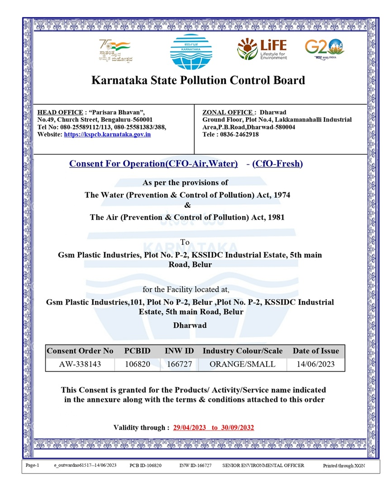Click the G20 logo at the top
pyautogui.click(x=324, y=48)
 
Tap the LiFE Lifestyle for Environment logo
pyautogui.click(x=262, y=48)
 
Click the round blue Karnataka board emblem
pyautogui.click(x=191, y=52)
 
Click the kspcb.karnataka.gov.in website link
pyautogui.click(x=107, y=134)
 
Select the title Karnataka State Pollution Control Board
pyautogui.click(x=198, y=81)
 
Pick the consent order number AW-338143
pyautogui.click(x=80, y=364)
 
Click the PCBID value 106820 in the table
pyautogui.click(x=137, y=364)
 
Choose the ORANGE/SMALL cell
pyautogui.click(x=243, y=364)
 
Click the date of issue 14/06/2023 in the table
pyautogui.click(x=315, y=364)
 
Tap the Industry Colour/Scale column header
pyautogui.click(x=243, y=351)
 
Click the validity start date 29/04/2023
pyautogui.click(x=190, y=427)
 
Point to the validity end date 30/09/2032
pyautogui.click(x=238, y=427)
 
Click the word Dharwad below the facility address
pyautogui.click(x=190, y=325)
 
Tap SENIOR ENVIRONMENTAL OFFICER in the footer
pyautogui.click(x=263, y=465)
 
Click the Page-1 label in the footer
pyautogui.click(x=33, y=465)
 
